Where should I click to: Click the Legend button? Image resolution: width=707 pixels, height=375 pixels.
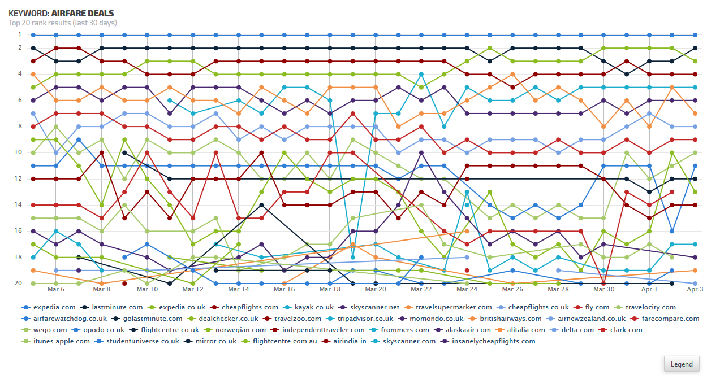click(x=682, y=364)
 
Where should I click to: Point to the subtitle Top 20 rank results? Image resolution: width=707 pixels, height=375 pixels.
click(x=63, y=23)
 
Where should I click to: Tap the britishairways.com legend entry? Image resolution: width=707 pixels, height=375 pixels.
click(x=506, y=319)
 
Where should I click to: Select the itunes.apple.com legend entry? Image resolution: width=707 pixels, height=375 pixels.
click(x=61, y=341)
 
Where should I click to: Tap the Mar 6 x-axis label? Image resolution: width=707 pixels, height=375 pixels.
click(x=56, y=289)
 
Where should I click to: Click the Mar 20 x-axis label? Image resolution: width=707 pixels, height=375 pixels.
click(x=376, y=289)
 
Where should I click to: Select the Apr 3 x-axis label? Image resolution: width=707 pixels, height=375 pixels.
click(x=695, y=289)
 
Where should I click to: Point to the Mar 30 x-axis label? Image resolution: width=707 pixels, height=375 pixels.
click(x=603, y=289)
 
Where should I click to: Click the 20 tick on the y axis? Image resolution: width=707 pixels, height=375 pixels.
click(x=18, y=283)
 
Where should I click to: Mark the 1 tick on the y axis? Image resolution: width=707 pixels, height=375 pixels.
click(x=19, y=35)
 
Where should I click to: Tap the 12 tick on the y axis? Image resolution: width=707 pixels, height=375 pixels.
click(x=18, y=178)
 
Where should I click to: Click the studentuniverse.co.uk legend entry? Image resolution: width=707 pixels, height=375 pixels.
click(x=143, y=341)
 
